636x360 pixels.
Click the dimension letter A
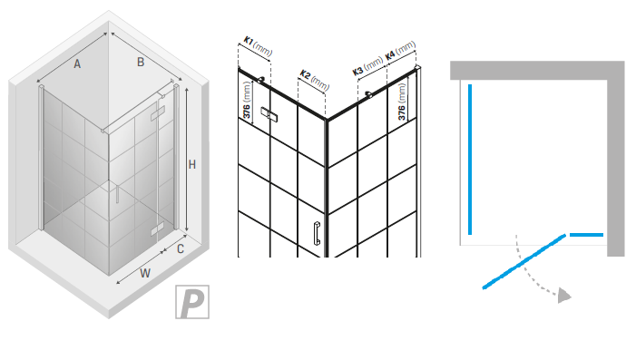pos(77,63)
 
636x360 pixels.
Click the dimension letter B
pos(141,62)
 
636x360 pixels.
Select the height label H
pos(192,165)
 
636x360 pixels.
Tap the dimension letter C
pos(181,248)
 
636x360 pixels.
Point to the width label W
pos(145,273)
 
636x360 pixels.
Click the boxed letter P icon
pos(192,302)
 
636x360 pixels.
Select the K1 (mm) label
pos(258,46)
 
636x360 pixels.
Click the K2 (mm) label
pos(314,80)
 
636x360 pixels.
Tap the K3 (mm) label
pos(367,65)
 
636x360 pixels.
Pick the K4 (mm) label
pos(400,50)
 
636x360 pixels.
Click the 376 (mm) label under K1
pos(247,100)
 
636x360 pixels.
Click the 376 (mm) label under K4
pos(402,102)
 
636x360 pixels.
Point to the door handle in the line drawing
pos(317,234)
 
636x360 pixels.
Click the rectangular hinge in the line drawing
pos(269,115)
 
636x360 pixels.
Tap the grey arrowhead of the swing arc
pos(564,296)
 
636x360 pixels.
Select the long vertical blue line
pos(470,160)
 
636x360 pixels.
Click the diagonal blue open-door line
pos(524,261)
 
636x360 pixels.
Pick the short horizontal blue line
pos(586,235)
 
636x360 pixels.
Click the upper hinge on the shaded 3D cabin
pos(157,113)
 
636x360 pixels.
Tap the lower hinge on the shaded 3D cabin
pos(157,229)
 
